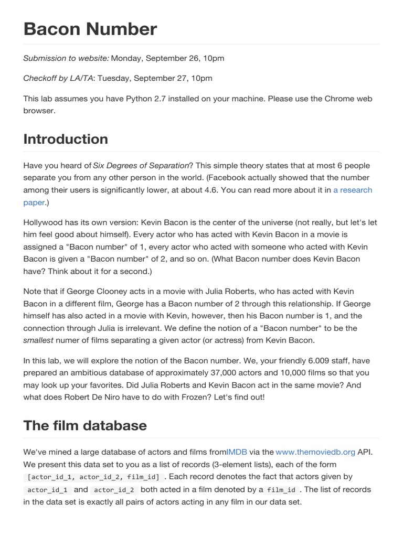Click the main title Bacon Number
(x=90, y=29)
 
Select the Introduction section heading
(x=66, y=139)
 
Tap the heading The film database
(x=85, y=425)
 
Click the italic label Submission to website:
(x=66, y=58)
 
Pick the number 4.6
(x=209, y=190)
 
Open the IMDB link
(x=237, y=452)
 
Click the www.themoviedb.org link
(x=315, y=452)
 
